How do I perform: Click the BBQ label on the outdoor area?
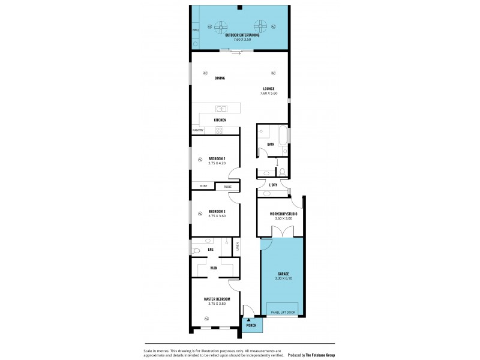[x=196, y=29]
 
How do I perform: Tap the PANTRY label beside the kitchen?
[x=198, y=130]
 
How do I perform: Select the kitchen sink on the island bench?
[x=221, y=109]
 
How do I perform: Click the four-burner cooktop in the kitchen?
[x=220, y=130]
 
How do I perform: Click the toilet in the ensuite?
[x=196, y=251]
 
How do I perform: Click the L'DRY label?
[x=273, y=185]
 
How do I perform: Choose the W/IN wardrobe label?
[x=214, y=268]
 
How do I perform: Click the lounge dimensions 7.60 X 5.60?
[x=268, y=92]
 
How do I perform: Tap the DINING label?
[x=220, y=77]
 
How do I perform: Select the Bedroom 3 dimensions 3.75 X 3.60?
[x=217, y=216]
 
